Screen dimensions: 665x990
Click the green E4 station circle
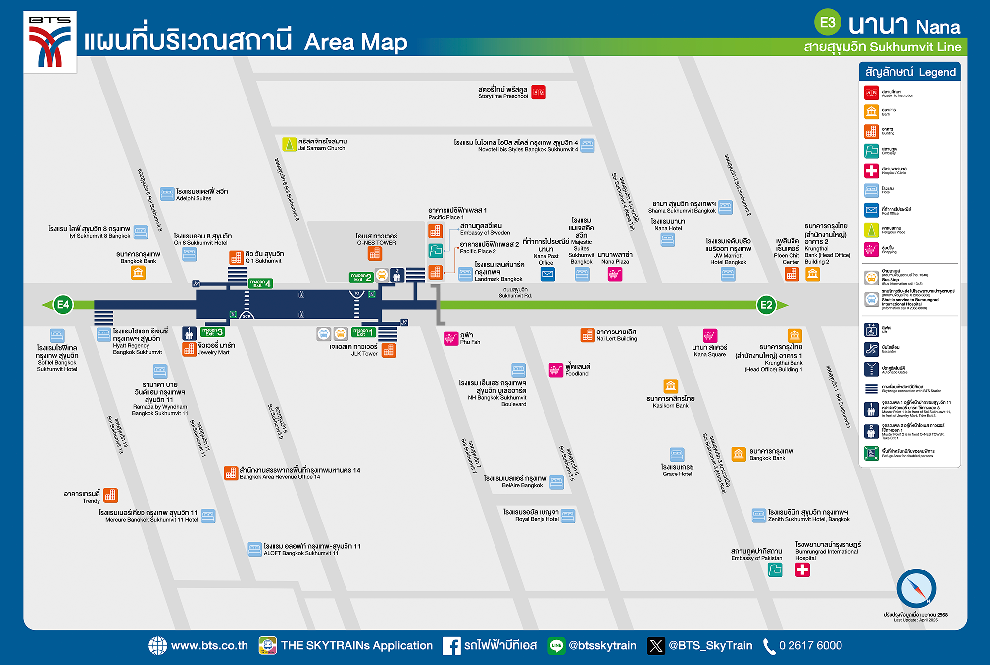pyautogui.click(x=63, y=305)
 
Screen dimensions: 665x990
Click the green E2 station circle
pyautogui.click(x=766, y=305)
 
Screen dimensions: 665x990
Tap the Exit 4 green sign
pyautogui.click(x=260, y=284)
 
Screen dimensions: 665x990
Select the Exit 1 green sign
pyautogui.click(x=363, y=332)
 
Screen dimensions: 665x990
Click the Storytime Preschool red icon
pyautogui.click(x=539, y=92)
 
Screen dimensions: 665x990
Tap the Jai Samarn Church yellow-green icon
pyautogui.click(x=289, y=144)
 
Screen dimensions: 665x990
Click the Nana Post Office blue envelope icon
pyautogui.click(x=547, y=274)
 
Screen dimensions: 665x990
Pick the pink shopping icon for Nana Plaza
pyautogui.click(x=615, y=274)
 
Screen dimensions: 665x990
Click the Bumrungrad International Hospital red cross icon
pyautogui.click(x=802, y=570)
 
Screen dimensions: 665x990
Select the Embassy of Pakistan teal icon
pyautogui.click(x=775, y=570)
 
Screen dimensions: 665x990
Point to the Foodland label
pyautogui.click(x=577, y=370)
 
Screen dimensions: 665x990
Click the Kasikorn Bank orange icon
pyautogui.click(x=671, y=386)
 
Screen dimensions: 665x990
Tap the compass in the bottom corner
pyautogui.click(x=916, y=588)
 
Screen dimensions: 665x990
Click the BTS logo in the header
pyautogui.click(x=50, y=42)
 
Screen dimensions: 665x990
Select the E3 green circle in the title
pyautogui.click(x=828, y=23)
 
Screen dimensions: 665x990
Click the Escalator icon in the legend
pyautogui.click(x=871, y=349)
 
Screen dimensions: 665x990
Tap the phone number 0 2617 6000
pyautogui.click(x=810, y=645)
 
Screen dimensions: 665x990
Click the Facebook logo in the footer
pyautogui.click(x=451, y=646)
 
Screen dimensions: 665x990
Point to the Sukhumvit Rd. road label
pyautogui.click(x=515, y=293)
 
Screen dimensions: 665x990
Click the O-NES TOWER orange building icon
pyautogui.click(x=375, y=253)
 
